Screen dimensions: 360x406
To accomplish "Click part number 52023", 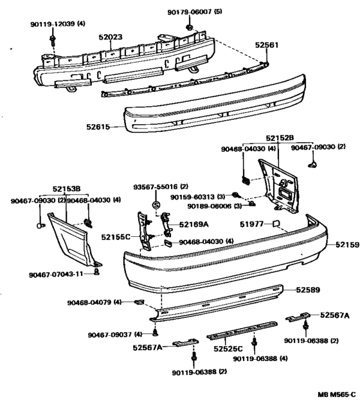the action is click(111, 37).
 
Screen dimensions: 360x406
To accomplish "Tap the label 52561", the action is click(267, 45).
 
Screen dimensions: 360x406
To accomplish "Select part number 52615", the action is click(98, 127).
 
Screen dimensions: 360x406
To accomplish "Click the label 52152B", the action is click(280, 138).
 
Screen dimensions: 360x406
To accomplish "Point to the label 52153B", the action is click(66, 189).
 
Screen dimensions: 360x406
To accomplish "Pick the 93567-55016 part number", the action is click(156, 187).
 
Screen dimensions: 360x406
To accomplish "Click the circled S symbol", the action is click(156, 205).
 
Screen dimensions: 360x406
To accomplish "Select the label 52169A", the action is click(194, 224).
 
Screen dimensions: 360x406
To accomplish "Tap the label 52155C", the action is click(116, 237).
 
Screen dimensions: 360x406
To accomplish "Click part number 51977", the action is click(251, 224).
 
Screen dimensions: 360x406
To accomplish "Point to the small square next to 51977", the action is click(276, 223).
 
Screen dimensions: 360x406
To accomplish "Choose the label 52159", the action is click(348, 245).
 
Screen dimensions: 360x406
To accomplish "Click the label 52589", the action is click(308, 290).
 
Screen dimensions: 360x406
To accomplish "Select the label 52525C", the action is click(228, 349).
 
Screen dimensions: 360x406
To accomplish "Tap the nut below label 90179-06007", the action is click(189, 27).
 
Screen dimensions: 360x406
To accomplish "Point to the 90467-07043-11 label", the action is click(56, 275).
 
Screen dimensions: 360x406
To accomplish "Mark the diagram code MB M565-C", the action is click(337, 394).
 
